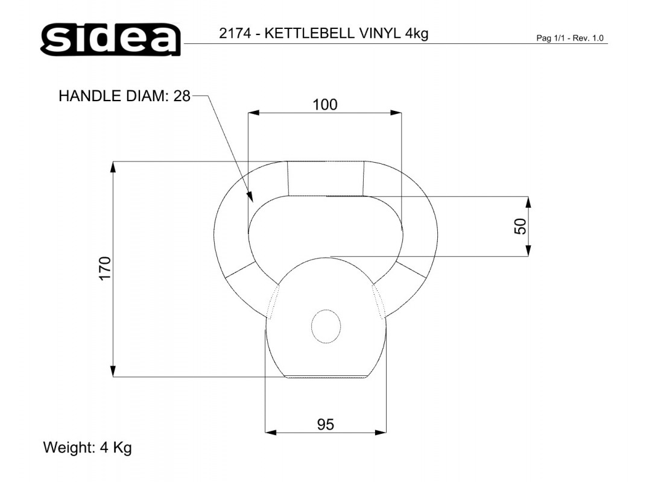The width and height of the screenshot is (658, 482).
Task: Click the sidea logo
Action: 111,39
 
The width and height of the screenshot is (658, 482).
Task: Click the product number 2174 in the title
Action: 235,33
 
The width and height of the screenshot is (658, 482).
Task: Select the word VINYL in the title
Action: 380,33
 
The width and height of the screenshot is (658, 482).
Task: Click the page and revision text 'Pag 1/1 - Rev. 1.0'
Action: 570,38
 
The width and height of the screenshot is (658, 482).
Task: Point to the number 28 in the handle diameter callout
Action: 182,96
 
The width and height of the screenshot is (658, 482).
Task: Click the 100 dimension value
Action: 325,104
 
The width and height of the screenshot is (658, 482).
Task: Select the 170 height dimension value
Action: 104,268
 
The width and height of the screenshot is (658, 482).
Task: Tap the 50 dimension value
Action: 520,227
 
